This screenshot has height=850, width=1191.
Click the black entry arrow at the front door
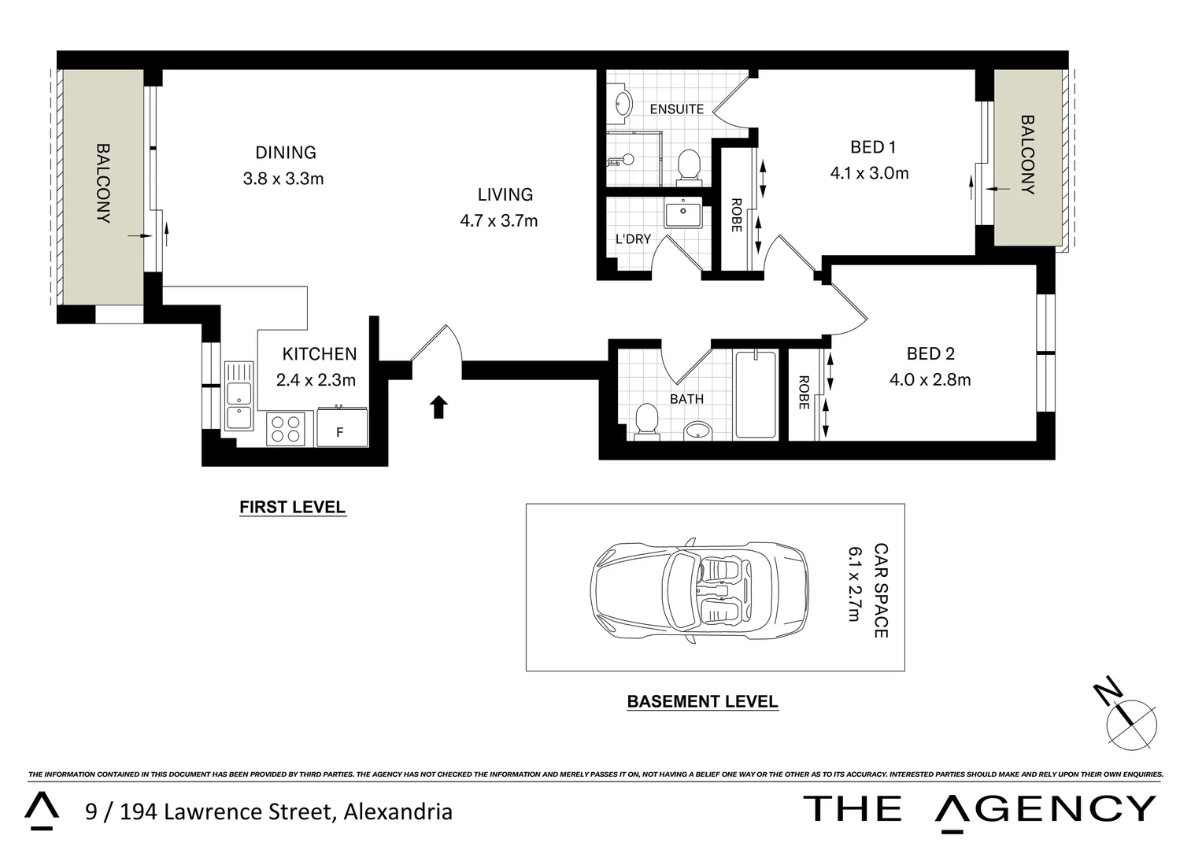(438, 407)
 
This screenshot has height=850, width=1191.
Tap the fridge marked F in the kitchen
(342, 428)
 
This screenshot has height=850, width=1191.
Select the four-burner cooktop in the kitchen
(286, 429)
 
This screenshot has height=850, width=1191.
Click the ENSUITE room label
(676, 109)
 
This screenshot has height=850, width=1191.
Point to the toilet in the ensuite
(689, 166)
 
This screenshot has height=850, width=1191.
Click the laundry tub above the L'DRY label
(682, 213)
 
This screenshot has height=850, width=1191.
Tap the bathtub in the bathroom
(755, 395)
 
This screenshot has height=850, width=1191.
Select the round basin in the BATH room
(697, 430)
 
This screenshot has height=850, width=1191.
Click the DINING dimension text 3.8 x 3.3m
(283, 179)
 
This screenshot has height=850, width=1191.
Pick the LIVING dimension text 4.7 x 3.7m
(499, 221)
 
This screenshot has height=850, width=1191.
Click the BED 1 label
(873, 147)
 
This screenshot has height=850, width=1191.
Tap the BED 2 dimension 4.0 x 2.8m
(930, 380)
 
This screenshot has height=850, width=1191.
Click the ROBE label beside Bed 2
(804, 392)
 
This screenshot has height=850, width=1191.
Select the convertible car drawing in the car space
(699, 589)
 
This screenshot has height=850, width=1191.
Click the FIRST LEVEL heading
(292, 508)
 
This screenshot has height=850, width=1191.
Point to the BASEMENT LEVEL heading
(702, 702)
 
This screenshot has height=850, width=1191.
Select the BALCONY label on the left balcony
(103, 183)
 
